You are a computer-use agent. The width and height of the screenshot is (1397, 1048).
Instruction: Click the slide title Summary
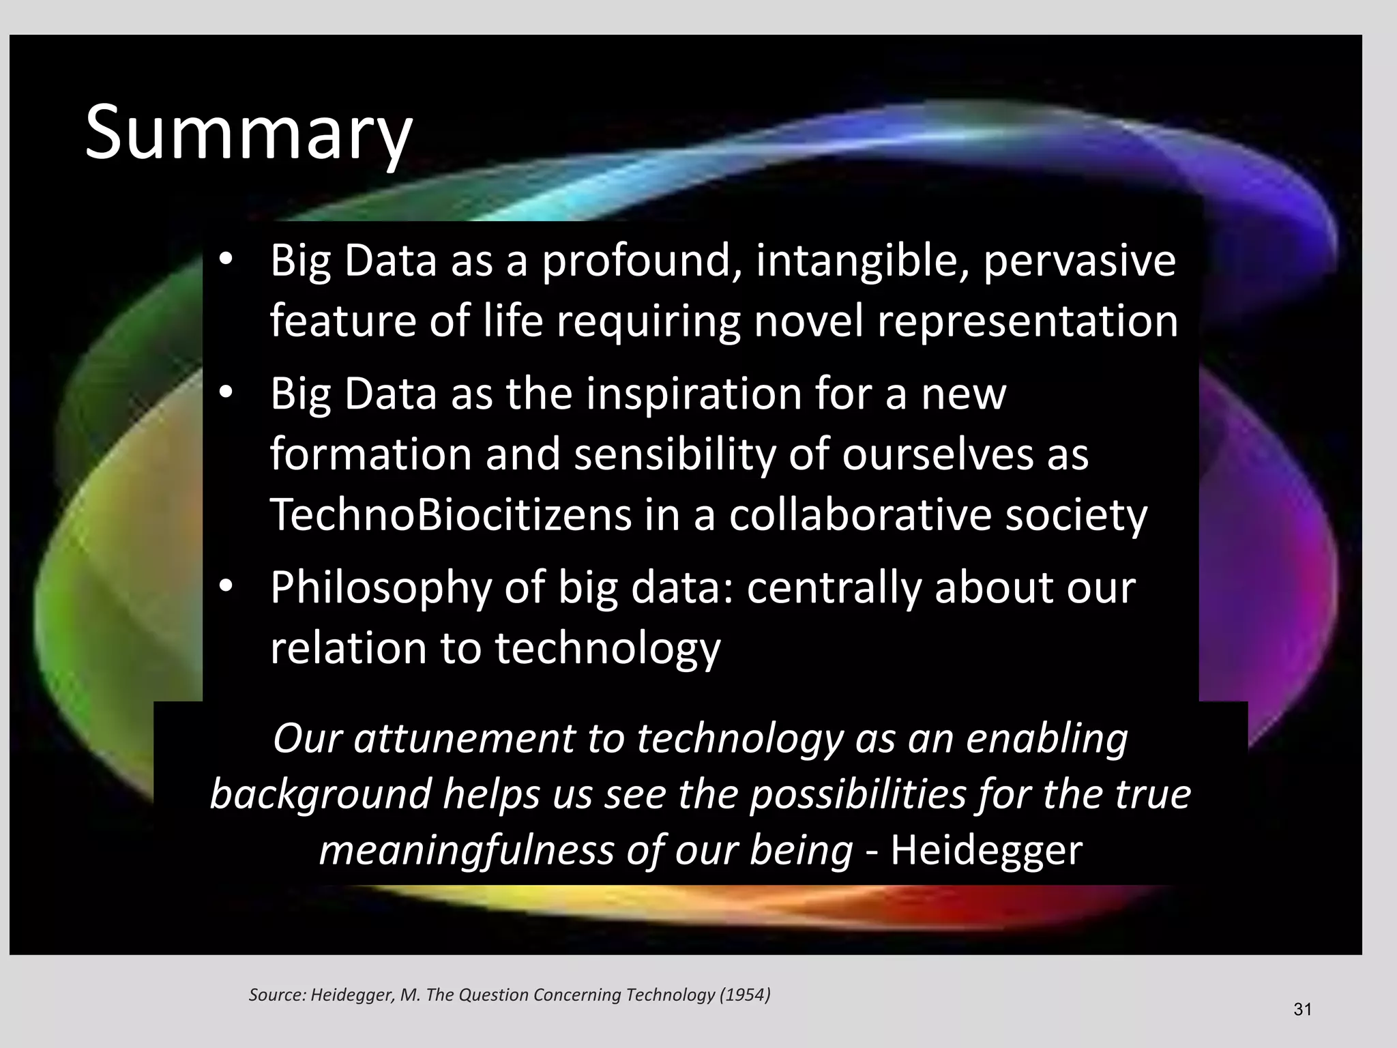point(248,132)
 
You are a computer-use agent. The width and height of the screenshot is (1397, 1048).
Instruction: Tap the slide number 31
point(1302,1010)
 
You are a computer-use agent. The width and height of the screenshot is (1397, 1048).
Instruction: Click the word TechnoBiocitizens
point(451,514)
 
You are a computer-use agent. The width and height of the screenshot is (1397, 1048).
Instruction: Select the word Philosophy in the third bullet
point(380,588)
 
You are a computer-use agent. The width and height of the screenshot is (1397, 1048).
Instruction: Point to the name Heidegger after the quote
point(986,850)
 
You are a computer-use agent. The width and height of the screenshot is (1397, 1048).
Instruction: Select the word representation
point(1027,321)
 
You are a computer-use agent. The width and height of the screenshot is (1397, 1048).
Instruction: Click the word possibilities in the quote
point(857,795)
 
